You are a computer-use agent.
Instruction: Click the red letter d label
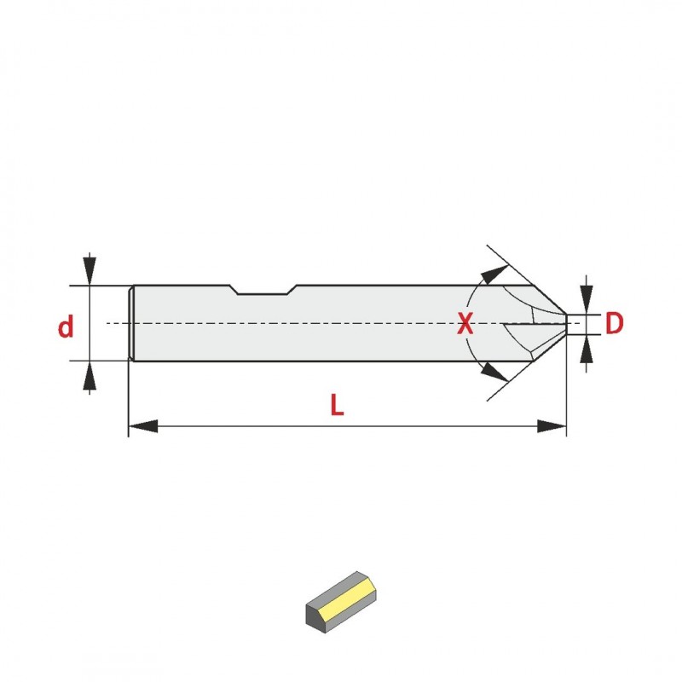(x=66, y=327)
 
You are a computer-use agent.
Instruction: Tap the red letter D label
(x=614, y=323)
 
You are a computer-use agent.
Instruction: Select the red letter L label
(x=337, y=404)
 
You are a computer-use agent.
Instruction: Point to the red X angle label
(x=465, y=323)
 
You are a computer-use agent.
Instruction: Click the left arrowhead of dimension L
(x=143, y=426)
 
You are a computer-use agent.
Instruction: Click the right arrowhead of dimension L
(x=552, y=426)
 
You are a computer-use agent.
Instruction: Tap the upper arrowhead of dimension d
(x=90, y=271)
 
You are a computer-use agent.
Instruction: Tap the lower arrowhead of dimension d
(x=90, y=375)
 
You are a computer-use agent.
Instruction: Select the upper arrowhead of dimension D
(x=587, y=300)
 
